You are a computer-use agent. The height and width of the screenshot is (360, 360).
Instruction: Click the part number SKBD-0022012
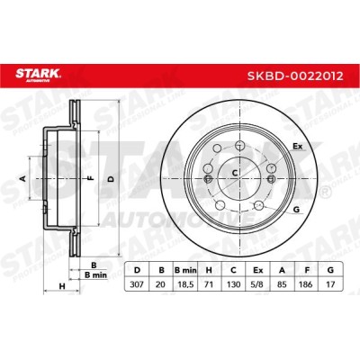(295, 76)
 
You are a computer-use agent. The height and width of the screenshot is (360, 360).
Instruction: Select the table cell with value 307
(137, 284)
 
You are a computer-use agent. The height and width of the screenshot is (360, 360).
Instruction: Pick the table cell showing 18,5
(185, 284)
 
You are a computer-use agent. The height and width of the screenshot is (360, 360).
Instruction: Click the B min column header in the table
(185, 270)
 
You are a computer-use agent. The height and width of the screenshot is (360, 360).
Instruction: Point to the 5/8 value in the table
(258, 284)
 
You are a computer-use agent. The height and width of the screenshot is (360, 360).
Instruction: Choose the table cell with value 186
(307, 284)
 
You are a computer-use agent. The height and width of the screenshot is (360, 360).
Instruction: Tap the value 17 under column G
(330, 284)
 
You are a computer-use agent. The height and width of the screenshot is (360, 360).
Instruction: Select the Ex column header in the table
(258, 270)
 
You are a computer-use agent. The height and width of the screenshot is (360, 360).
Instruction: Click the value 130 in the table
(233, 284)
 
